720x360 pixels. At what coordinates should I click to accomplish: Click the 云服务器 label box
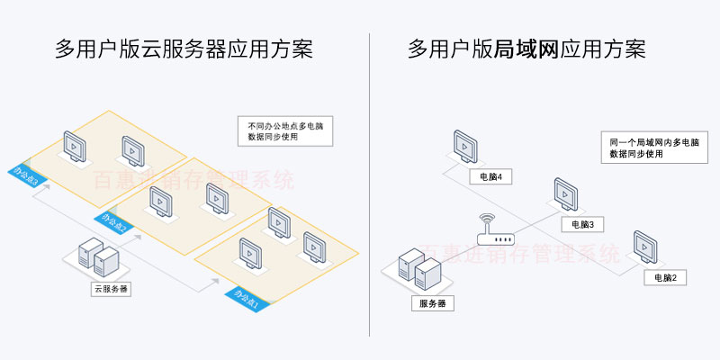(x=110, y=290)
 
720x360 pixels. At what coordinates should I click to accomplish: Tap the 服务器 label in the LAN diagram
(x=432, y=303)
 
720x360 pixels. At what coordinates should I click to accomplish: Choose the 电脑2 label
(x=664, y=276)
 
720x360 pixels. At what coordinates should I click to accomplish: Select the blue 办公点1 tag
(x=245, y=298)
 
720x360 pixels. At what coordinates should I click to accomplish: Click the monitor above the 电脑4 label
(x=465, y=147)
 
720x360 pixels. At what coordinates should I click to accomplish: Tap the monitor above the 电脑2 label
(x=645, y=247)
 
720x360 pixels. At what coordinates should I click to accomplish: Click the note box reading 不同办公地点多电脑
(x=277, y=132)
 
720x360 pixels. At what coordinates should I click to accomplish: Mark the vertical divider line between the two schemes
(x=370, y=180)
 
